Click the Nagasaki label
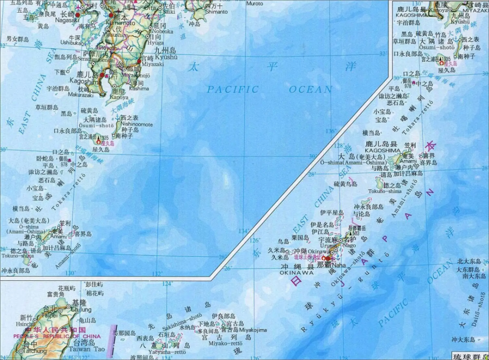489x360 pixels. pyautogui.click(x=64, y=21)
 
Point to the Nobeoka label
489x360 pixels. pyautogui.click(x=163, y=31)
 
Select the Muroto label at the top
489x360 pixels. pyautogui.click(x=254, y=3)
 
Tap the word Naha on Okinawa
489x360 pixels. pyautogui.click(x=338, y=264)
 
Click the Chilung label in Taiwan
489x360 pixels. pyautogui.click(x=81, y=309)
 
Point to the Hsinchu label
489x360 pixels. pyautogui.click(x=25, y=324)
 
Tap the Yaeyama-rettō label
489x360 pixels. pyautogui.click(x=171, y=351)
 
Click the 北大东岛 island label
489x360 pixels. pyautogui.click(x=469, y=261)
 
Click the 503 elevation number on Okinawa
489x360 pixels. pyautogui.click(x=356, y=233)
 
